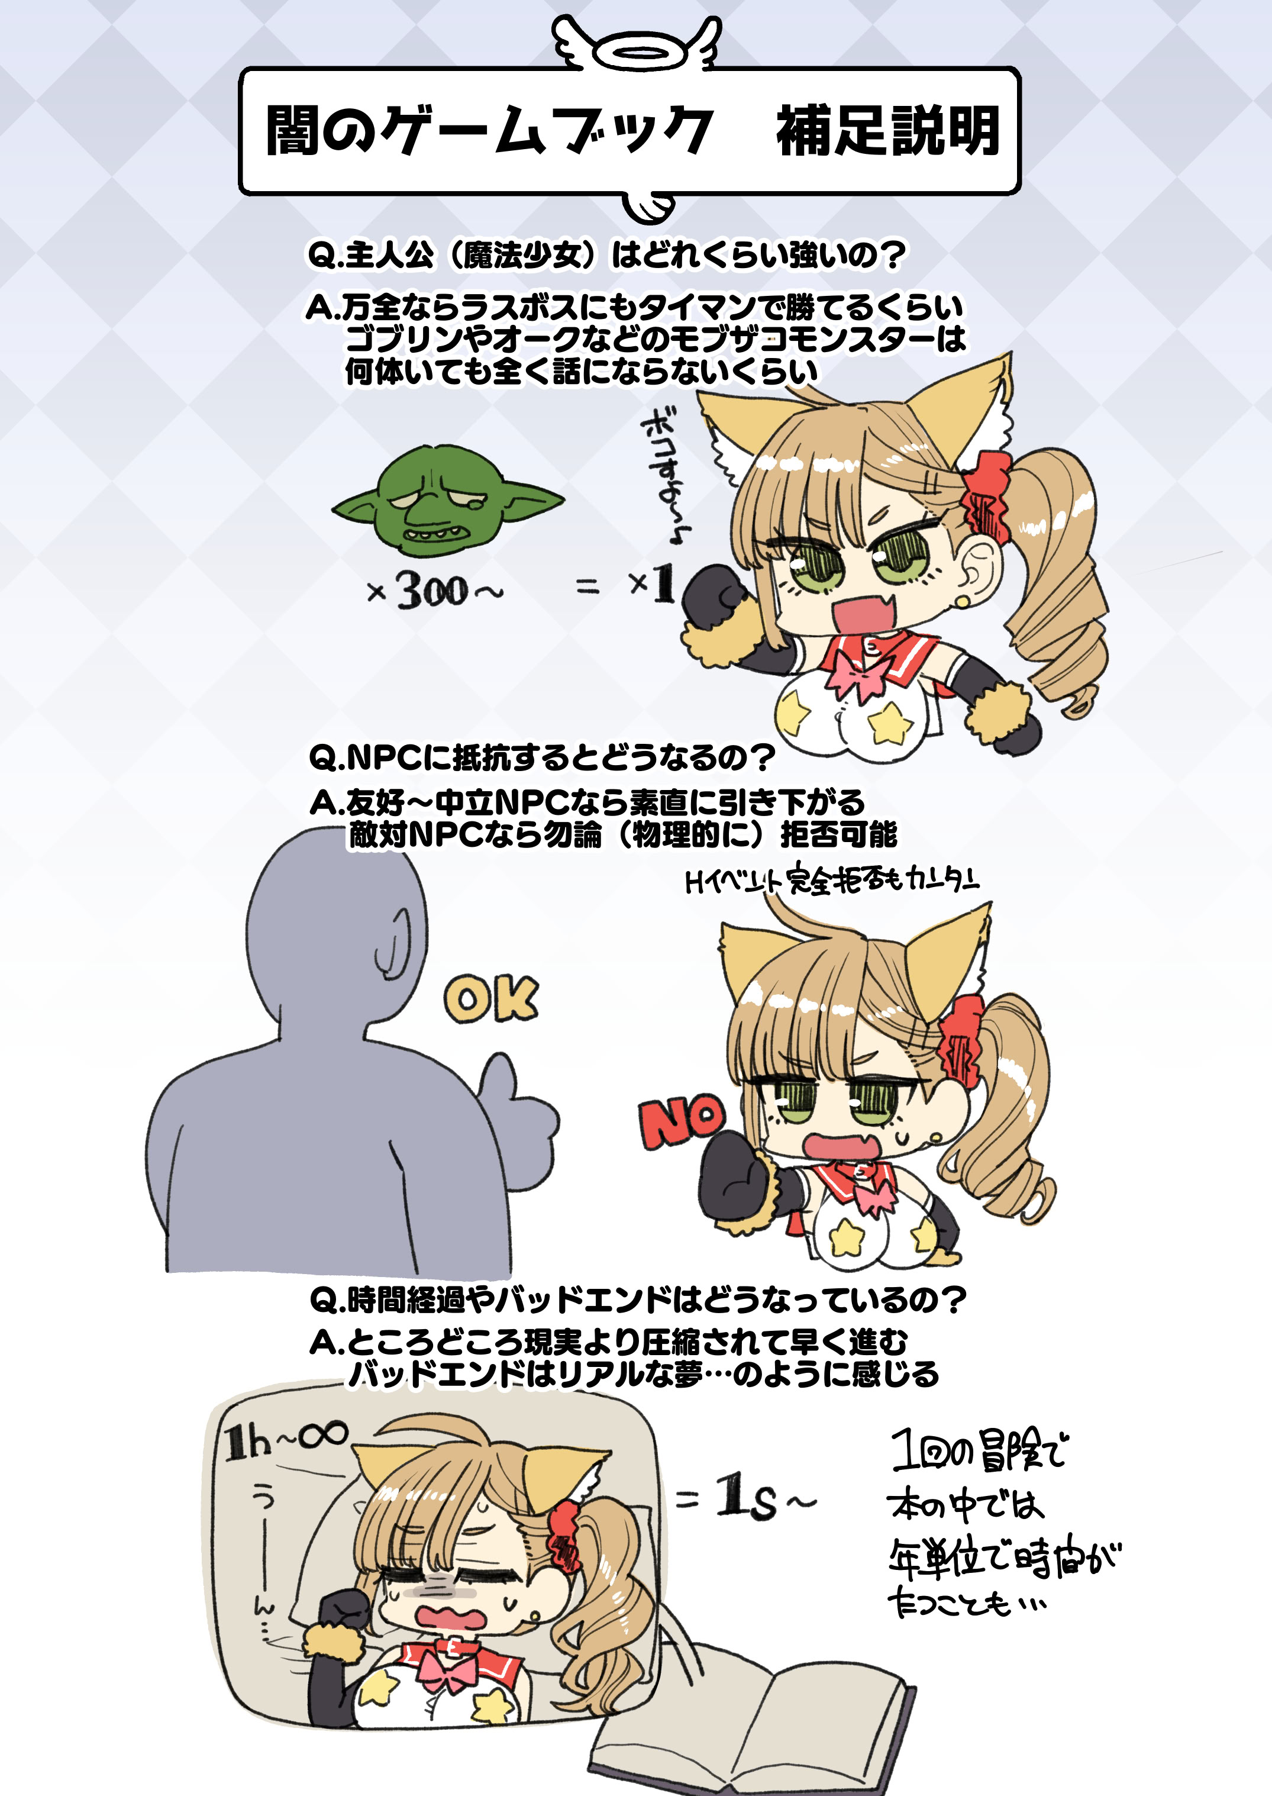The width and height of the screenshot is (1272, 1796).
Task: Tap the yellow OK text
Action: click(491, 999)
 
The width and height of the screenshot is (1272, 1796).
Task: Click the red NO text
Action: click(682, 1121)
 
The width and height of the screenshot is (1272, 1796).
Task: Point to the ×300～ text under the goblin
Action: click(435, 591)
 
